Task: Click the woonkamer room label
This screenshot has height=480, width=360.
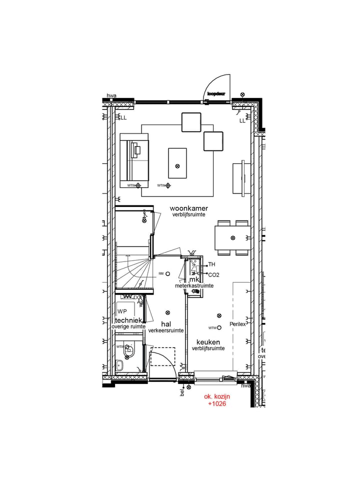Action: tap(188, 208)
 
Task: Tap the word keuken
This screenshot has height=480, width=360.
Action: tap(208, 342)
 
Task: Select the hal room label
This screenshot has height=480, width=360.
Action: tap(166, 324)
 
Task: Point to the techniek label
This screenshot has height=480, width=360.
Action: tap(129, 320)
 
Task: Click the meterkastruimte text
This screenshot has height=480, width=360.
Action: tap(194, 285)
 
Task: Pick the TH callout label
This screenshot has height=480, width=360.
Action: tap(211, 264)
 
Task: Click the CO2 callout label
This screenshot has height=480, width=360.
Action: tap(213, 274)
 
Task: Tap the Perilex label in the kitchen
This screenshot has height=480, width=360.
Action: tap(237, 324)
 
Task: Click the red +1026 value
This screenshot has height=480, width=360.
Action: tap(217, 403)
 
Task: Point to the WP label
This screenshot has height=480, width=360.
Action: tap(122, 311)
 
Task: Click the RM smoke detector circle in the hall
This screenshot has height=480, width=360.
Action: tap(168, 273)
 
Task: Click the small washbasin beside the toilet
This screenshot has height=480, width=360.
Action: tap(119, 365)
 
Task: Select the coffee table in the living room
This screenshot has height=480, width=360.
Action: tap(177, 163)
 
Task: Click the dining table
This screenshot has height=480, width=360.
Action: tap(232, 237)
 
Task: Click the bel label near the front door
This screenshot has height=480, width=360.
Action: tap(182, 393)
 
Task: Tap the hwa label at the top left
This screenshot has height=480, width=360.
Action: tap(111, 95)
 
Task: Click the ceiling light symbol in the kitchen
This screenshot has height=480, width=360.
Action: tap(219, 315)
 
